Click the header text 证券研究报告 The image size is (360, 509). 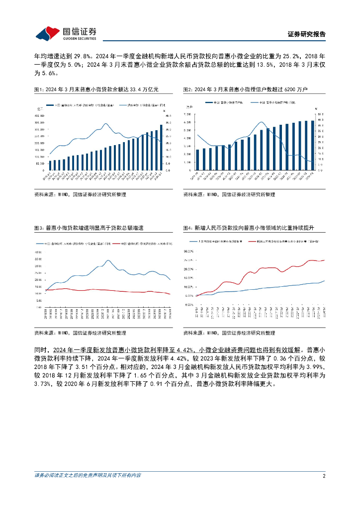[x=306, y=34]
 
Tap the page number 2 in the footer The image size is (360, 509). [x=323, y=476]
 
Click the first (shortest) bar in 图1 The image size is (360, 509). [x=50, y=165]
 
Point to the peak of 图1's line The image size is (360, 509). [x=105, y=123]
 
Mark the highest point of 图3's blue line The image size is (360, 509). [x=109, y=260]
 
